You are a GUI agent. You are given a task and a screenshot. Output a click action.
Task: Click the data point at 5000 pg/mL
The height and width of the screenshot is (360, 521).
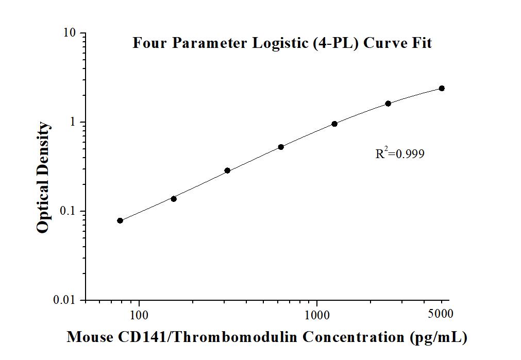(x=442, y=89)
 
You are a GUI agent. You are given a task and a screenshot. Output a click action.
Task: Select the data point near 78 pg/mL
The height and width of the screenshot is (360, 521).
(x=120, y=220)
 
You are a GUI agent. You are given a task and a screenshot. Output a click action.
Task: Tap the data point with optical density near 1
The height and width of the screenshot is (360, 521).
(x=334, y=124)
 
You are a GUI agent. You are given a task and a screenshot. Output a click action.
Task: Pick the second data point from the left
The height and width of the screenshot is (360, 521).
(x=174, y=199)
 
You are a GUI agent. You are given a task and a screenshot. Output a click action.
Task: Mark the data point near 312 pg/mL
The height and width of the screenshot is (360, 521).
(x=227, y=170)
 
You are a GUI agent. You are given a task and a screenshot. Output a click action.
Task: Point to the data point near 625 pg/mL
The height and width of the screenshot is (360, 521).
(x=281, y=147)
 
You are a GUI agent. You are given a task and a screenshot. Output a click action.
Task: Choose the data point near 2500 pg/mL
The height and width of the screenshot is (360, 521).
(x=388, y=104)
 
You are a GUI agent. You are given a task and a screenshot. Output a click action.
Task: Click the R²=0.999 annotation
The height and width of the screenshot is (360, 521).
(x=400, y=153)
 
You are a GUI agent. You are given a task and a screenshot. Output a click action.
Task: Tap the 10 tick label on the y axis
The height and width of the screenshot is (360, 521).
(x=70, y=33)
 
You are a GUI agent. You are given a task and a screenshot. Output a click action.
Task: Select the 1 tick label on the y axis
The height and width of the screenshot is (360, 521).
(x=73, y=123)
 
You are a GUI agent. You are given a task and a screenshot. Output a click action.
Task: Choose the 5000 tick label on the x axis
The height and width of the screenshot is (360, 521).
(x=441, y=314)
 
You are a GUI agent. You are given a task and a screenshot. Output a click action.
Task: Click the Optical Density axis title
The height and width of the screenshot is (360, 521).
(x=44, y=178)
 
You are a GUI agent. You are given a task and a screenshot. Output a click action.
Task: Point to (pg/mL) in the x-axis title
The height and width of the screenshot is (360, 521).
(x=439, y=337)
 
